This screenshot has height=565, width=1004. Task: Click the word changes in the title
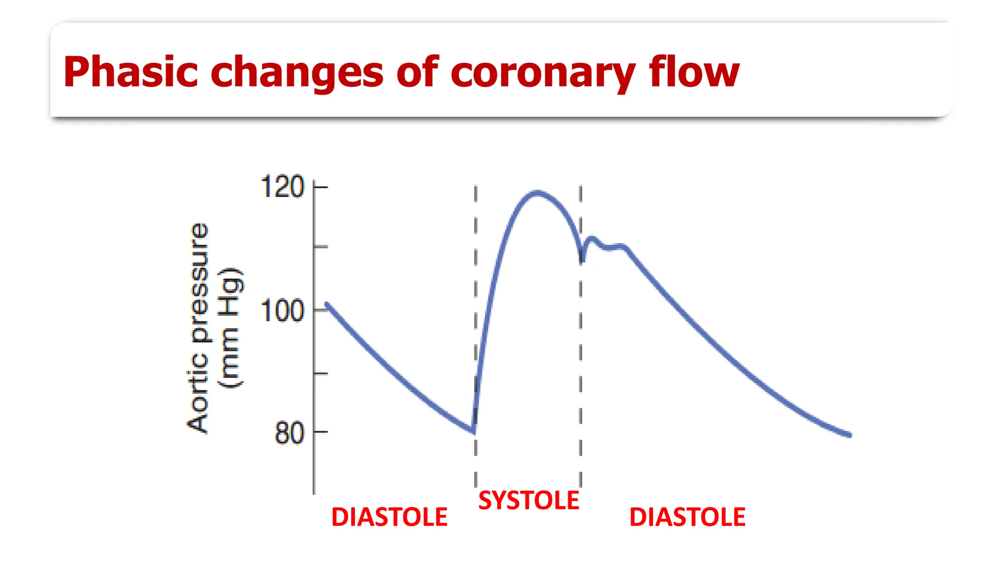point(297,73)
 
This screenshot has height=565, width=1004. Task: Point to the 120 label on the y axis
point(282,187)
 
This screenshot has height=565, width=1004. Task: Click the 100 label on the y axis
point(282,311)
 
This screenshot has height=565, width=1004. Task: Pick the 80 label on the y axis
point(289,433)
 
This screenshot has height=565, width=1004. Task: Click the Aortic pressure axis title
point(198,328)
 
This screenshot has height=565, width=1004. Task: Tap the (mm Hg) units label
point(230,328)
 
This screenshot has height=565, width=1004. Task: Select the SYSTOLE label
point(528,501)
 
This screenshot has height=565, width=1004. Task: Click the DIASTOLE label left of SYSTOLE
point(389,517)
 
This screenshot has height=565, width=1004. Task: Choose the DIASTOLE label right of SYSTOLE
point(687,517)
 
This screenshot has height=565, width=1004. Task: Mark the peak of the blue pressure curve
point(538,193)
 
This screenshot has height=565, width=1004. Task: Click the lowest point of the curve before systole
point(474,432)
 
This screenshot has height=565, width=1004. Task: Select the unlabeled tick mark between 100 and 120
point(321,246)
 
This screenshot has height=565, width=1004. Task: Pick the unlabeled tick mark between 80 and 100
point(321,374)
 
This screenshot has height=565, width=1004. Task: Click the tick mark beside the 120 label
point(321,187)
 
